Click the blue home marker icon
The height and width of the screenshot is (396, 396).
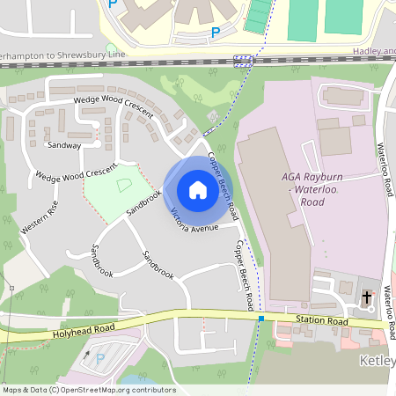click(198, 189)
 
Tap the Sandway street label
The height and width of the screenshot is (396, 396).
click(64, 145)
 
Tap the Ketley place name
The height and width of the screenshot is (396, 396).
click(377, 360)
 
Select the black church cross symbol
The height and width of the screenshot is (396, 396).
click(367, 297)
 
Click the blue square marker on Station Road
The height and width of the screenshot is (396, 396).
click(260, 319)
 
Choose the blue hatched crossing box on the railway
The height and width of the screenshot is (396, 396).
click(244, 61)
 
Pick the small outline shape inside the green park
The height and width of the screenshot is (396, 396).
click(123, 184)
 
